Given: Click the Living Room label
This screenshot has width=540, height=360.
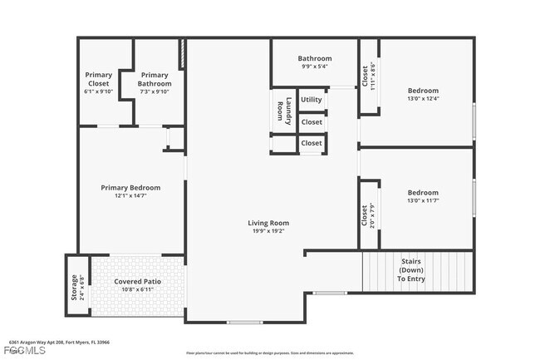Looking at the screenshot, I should (268, 223).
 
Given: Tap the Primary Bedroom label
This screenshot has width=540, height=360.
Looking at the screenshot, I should (130, 188).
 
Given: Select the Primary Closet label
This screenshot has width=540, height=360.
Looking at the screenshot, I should (99, 79).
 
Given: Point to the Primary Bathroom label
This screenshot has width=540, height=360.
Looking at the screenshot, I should (155, 79).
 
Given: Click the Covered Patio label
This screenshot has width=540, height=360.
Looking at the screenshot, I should (137, 282).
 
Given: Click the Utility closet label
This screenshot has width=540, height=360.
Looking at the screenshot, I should (312, 100).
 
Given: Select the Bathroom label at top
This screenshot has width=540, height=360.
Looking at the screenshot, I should (315, 58).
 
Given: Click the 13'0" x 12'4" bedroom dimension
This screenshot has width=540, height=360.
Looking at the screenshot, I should (423, 100).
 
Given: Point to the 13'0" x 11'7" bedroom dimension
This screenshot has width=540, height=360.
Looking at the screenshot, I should (423, 200).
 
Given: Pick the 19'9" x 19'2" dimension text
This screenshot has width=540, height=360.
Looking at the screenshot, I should (268, 232).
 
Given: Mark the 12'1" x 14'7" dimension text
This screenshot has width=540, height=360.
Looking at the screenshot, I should (130, 196).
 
